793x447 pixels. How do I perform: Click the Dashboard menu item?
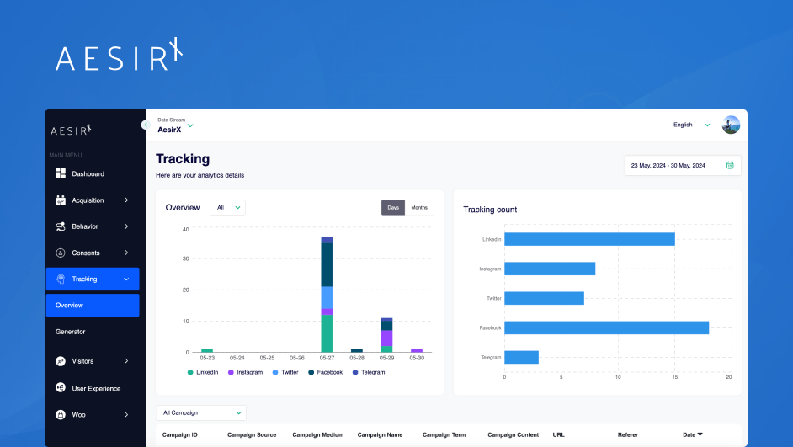[x=88, y=173]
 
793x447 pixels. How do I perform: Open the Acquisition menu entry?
[x=88, y=200]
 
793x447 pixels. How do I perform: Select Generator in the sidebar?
[x=71, y=332]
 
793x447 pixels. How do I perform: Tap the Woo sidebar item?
[x=78, y=414]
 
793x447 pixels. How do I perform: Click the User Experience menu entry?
[x=96, y=388]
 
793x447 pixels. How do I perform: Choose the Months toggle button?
[x=419, y=207]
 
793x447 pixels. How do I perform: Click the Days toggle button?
[x=393, y=207]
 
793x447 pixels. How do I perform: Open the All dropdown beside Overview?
[x=227, y=207]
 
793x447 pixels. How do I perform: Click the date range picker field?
[x=683, y=165]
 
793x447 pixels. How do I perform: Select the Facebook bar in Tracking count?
[x=606, y=327]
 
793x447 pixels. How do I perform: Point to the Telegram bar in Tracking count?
[x=521, y=357]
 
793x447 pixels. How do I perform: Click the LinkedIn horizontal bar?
[x=589, y=239]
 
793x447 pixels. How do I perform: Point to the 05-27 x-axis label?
[x=327, y=358]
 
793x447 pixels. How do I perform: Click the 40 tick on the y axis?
[x=185, y=228]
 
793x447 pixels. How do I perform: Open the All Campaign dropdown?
[x=201, y=413]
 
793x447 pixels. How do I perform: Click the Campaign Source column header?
[x=252, y=435]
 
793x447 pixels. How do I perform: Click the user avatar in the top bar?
[x=731, y=125]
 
